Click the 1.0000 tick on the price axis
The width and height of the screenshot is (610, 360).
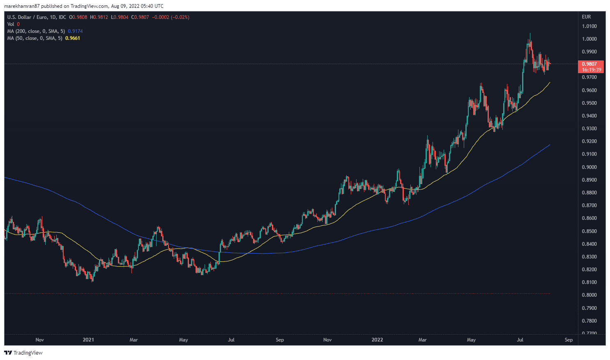pyautogui.click(x=589, y=39)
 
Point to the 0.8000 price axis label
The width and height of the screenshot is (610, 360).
pyautogui.click(x=589, y=295)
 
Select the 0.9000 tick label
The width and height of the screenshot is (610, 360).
pyautogui.click(x=589, y=167)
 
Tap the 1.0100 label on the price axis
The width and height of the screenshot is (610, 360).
pyautogui.click(x=589, y=26)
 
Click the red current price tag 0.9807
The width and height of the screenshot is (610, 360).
pyautogui.click(x=591, y=64)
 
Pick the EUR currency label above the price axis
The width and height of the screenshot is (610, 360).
pyautogui.click(x=586, y=17)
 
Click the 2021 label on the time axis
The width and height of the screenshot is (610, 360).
pyautogui.click(x=88, y=340)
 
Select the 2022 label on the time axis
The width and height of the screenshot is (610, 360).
pyautogui.click(x=377, y=340)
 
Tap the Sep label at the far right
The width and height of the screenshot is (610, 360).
pyautogui.click(x=569, y=340)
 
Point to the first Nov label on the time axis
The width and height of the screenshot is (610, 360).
pyautogui.click(x=40, y=340)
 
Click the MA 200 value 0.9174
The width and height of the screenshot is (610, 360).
pyautogui.click(x=75, y=31)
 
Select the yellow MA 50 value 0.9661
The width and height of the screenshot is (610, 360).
pyautogui.click(x=73, y=38)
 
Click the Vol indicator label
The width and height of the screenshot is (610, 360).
pyautogui.click(x=11, y=24)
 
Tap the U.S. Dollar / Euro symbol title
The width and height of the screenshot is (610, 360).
pyautogui.click(x=28, y=17)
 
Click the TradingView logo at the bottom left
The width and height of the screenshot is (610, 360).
pyautogui.click(x=23, y=353)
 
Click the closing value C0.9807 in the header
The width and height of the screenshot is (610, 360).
pyautogui.click(x=140, y=17)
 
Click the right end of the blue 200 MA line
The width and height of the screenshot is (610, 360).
pyautogui.click(x=550, y=145)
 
